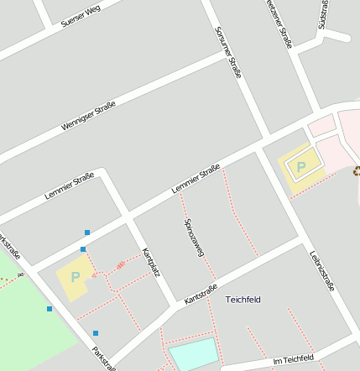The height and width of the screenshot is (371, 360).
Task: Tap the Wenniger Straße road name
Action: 88,116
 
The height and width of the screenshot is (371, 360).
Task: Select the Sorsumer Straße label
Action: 227,51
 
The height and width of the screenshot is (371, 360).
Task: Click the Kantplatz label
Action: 150,263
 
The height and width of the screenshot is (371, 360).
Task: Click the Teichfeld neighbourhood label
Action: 243,299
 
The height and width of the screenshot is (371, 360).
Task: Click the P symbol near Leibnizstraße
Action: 301,166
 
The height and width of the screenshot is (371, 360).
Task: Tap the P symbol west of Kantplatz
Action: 75,276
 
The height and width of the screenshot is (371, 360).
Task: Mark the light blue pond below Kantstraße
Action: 192,353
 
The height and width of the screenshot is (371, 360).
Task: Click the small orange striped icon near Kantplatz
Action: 121,264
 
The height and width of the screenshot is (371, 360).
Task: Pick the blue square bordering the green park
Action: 50,309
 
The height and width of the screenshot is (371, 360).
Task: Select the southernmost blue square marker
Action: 96,333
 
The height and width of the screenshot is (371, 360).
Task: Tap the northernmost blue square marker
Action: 87,232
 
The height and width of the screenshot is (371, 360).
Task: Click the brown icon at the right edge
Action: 357,171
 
